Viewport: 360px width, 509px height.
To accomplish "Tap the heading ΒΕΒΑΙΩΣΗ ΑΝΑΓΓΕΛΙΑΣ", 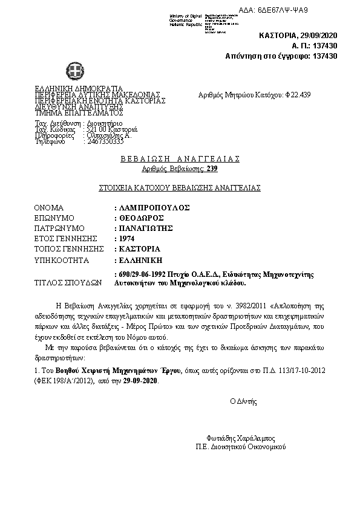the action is [x=180, y=159].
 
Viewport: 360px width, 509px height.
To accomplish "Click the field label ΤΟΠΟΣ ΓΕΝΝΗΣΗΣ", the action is [x=66, y=249].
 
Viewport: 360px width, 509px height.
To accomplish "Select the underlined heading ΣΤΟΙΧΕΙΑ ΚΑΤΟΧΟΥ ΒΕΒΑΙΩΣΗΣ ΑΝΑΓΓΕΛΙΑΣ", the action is [x=180, y=188].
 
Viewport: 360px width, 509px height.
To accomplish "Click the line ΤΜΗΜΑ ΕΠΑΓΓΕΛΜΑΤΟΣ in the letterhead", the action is [x=79, y=112].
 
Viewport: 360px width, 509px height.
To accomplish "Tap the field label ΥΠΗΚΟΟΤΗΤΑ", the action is [x=62, y=261].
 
